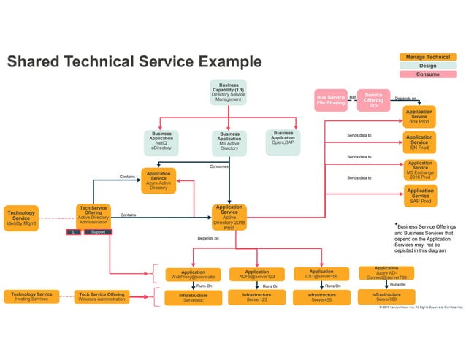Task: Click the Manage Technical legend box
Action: point(427,56)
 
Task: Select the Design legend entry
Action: point(427,65)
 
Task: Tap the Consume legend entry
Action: point(427,74)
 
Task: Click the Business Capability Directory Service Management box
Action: point(228,92)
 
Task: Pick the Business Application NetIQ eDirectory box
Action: point(161,142)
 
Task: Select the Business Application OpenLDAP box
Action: point(283,140)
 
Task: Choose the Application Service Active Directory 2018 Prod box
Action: point(229,218)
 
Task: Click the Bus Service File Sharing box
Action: point(330,100)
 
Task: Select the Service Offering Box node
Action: point(373,100)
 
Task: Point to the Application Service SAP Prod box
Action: point(419,196)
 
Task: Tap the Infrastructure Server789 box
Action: point(386,296)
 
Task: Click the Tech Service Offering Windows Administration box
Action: point(102,296)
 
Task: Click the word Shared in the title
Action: point(34,62)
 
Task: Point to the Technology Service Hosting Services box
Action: point(31,296)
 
